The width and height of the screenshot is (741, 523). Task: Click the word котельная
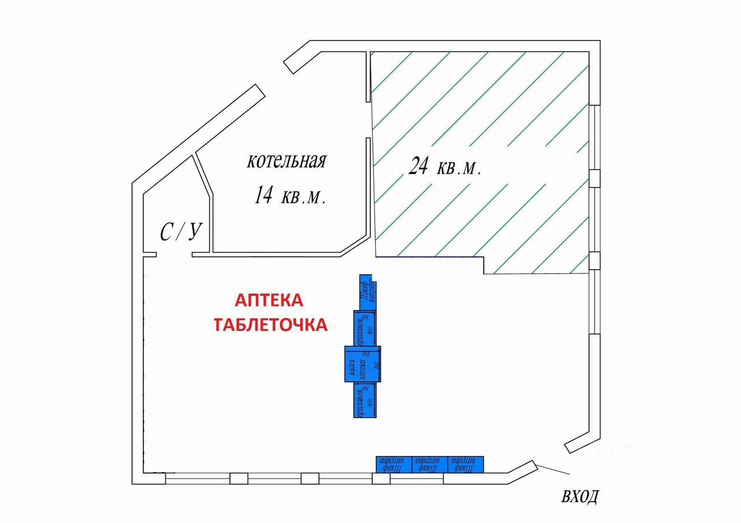tap(287, 160)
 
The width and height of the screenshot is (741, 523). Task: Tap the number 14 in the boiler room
tap(263, 196)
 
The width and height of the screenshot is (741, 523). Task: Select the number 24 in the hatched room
tap(418, 167)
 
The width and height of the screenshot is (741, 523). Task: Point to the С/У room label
tap(180, 233)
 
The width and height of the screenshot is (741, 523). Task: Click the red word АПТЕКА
tap(269, 300)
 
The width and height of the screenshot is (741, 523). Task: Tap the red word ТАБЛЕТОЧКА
tap(271, 325)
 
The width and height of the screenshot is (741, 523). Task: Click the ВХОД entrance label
tap(579, 497)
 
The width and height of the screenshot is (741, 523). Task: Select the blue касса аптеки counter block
tap(362, 364)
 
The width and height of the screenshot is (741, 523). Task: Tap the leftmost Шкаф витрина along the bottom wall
tap(394, 464)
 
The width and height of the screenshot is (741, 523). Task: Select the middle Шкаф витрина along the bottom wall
tap(430, 464)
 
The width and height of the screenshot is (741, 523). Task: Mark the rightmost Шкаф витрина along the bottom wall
tap(465, 464)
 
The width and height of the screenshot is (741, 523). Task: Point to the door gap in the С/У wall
tap(174, 255)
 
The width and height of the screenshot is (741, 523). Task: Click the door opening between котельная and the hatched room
tap(368, 120)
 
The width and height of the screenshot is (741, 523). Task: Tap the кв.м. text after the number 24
tap(459, 168)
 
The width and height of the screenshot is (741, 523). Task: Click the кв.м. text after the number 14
tap(303, 197)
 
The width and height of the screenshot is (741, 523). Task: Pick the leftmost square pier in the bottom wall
tap(239, 478)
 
